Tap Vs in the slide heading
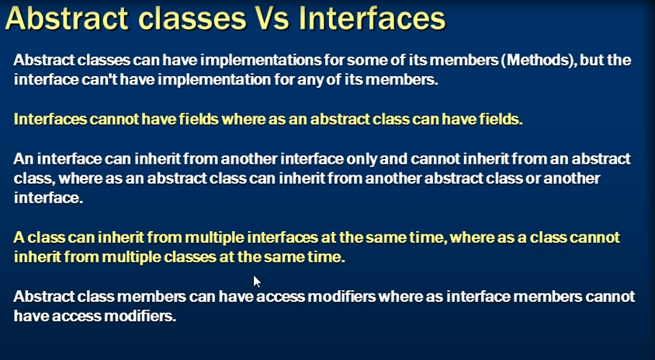pos(272,19)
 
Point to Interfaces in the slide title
pos(372,19)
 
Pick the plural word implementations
pos(262,61)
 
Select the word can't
pos(99,79)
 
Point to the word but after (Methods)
pos(592,61)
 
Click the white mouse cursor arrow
pos(256,281)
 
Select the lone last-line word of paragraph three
pos(48,198)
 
